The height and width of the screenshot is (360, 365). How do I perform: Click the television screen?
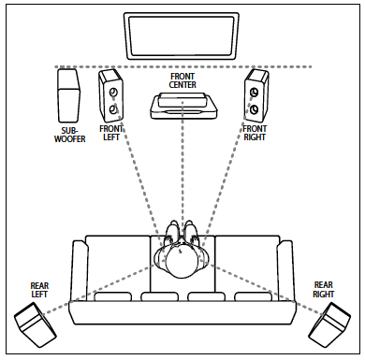(x=182, y=36)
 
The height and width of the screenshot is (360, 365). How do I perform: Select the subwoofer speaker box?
(x=68, y=95)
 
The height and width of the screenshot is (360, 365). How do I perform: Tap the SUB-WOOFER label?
(x=70, y=135)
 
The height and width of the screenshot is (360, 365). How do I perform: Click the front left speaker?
(x=110, y=95)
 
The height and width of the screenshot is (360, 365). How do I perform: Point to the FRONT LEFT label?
(x=111, y=133)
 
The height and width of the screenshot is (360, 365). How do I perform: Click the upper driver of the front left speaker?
(x=113, y=92)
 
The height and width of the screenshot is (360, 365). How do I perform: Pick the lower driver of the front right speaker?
(x=255, y=108)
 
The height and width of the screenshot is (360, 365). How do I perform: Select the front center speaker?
(x=182, y=106)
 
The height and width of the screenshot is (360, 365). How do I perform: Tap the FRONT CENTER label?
(x=182, y=80)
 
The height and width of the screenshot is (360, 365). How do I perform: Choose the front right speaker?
(x=256, y=95)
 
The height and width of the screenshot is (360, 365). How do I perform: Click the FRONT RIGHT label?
(x=255, y=133)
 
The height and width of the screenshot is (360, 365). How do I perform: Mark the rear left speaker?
(x=36, y=324)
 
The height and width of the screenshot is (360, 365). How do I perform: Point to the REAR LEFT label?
(x=39, y=290)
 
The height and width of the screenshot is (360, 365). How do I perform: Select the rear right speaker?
(x=329, y=325)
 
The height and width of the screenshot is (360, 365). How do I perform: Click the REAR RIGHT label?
(x=324, y=289)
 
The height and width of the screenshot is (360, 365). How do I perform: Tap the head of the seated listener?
(x=182, y=262)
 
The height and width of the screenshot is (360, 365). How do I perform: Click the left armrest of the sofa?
(x=80, y=271)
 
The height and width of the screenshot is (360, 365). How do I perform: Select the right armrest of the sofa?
(x=285, y=271)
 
